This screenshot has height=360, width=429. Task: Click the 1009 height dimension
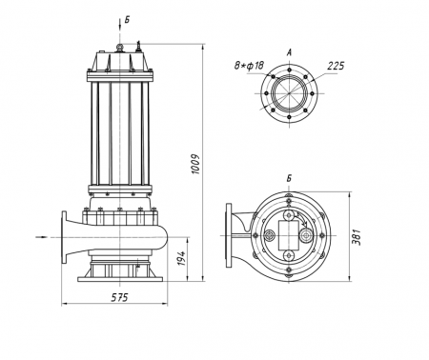click(195, 164)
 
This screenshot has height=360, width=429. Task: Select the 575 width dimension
click(119, 297)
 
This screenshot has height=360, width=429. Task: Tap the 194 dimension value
click(181, 258)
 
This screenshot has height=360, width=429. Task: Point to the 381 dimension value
click(357, 237)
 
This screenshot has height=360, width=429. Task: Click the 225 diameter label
click(336, 66)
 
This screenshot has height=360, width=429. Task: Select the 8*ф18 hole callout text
click(249, 66)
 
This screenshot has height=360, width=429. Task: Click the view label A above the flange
click(289, 52)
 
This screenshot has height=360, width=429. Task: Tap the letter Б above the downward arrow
click(127, 20)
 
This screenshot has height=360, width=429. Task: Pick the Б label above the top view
click(289, 178)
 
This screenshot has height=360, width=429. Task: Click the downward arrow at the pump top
click(119, 24)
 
